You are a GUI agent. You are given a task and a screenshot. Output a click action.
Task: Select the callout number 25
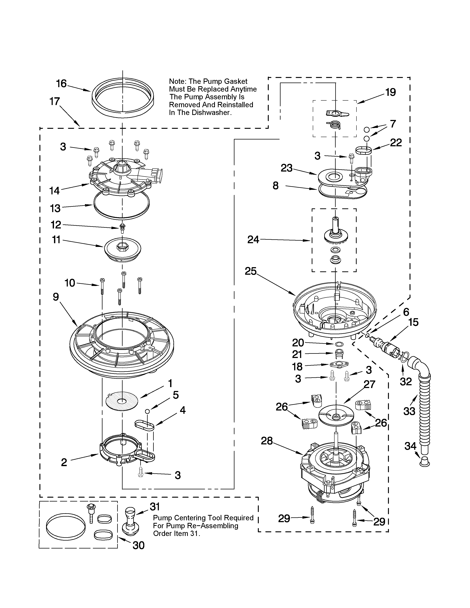tap(251, 271)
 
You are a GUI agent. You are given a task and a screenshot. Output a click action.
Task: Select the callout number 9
tap(56, 297)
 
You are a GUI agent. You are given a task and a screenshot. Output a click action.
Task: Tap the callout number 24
tap(253, 239)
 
